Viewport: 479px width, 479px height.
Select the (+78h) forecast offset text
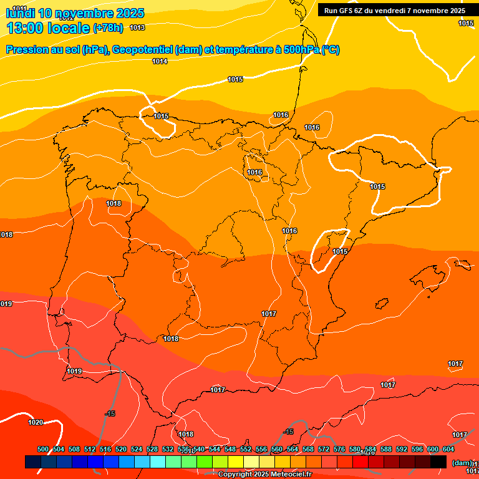tap(109, 28)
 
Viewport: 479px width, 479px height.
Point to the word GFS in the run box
tap(347, 10)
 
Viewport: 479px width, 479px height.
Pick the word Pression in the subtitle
tap(26, 50)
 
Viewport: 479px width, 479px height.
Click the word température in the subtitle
tap(241, 50)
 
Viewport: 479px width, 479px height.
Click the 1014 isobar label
tap(160, 61)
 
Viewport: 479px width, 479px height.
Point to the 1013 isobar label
tap(137, 27)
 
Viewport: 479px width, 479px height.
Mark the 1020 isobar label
tap(36, 422)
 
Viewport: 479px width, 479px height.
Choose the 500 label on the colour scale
tap(43, 449)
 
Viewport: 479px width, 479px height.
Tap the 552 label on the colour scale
tap(246, 449)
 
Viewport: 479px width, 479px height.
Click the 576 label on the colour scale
tap(339, 449)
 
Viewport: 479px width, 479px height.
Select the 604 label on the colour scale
tap(448, 449)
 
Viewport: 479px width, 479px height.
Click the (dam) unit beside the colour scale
tap(462, 462)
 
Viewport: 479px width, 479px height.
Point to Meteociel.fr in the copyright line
tap(291, 475)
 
